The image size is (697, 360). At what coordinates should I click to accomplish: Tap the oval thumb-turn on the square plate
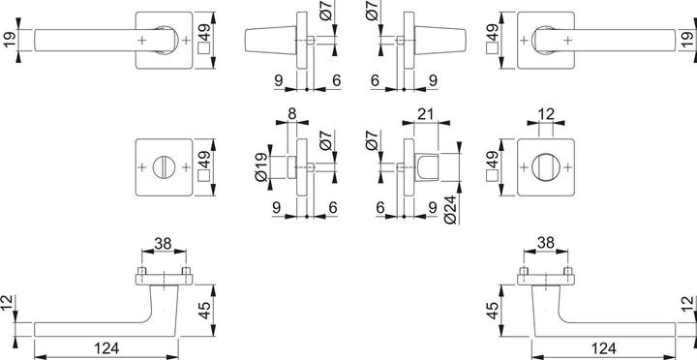click(548, 166)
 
